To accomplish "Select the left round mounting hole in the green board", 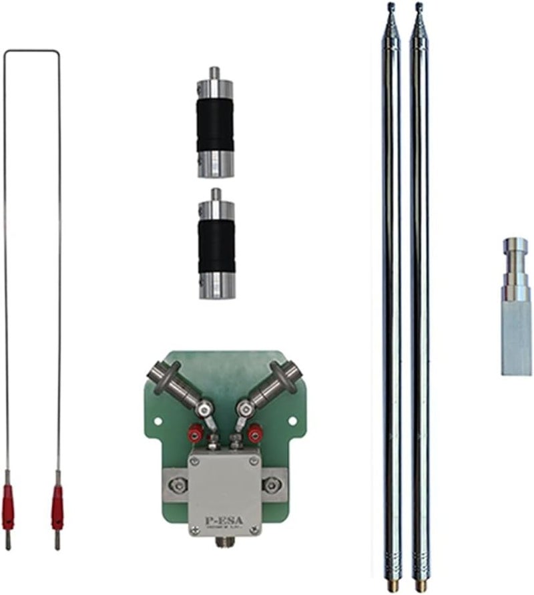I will (x=158, y=421).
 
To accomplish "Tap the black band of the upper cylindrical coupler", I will (x=215, y=125).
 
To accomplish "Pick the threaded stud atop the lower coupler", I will (x=216, y=194).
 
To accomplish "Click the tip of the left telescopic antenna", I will (x=391, y=7).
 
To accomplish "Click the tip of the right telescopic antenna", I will (x=419, y=7).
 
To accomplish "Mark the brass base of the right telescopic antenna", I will (x=420, y=586).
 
